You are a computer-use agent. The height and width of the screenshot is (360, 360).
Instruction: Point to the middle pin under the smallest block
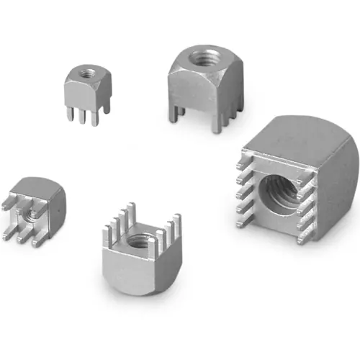coord(82,118)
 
